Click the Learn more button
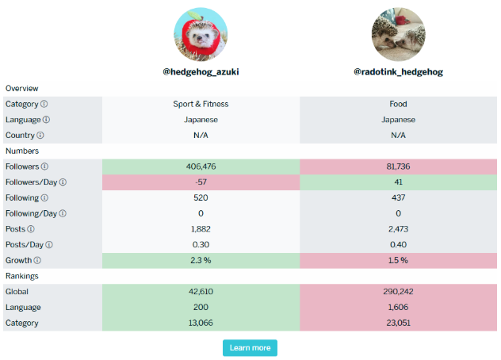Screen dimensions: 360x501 pyautogui.click(x=250, y=347)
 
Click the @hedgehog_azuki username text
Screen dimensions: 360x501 pyautogui.click(x=201, y=71)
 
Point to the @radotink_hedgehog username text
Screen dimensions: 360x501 pyautogui.click(x=398, y=71)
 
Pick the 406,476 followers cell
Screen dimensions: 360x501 pyautogui.click(x=201, y=167)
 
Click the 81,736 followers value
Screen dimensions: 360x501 pyautogui.click(x=398, y=167)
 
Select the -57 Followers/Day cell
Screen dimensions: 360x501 pyautogui.click(x=201, y=182)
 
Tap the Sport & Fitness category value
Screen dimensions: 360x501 pyautogui.click(x=201, y=104)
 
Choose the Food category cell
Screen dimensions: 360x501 pyautogui.click(x=398, y=104)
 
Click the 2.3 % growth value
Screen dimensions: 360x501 pyautogui.click(x=201, y=260)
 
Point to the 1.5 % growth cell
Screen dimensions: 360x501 pyautogui.click(x=398, y=260)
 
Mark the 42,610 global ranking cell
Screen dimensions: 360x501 pyautogui.click(x=201, y=291)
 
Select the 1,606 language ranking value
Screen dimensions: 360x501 pyautogui.click(x=398, y=307)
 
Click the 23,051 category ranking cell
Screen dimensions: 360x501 pyautogui.click(x=398, y=323)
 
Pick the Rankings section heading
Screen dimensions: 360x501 pyautogui.click(x=22, y=276)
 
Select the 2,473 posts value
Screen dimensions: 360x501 pyautogui.click(x=398, y=229)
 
